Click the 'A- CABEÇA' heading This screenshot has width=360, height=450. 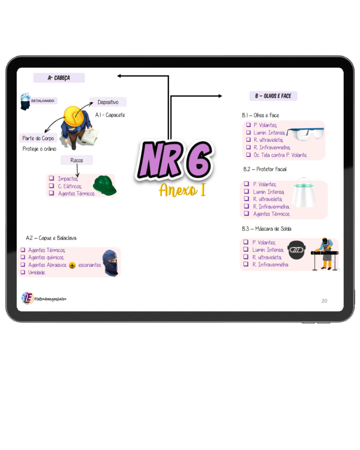(59, 78)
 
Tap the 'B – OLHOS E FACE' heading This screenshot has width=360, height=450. (273, 96)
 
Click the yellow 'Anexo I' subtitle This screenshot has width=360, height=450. (182, 190)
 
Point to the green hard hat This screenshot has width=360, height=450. (104, 185)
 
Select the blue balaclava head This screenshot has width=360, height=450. (110, 262)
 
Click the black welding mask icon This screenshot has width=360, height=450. (297, 250)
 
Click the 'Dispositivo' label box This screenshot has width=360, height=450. (108, 102)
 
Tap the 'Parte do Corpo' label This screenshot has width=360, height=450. (38, 138)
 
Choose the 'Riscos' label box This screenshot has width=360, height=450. (77, 160)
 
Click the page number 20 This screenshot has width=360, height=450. (324, 301)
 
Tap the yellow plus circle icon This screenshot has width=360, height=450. (72, 265)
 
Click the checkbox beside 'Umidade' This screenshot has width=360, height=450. (23, 272)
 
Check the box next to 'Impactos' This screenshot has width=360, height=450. (52, 178)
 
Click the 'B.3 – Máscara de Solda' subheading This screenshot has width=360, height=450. (267, 229)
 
